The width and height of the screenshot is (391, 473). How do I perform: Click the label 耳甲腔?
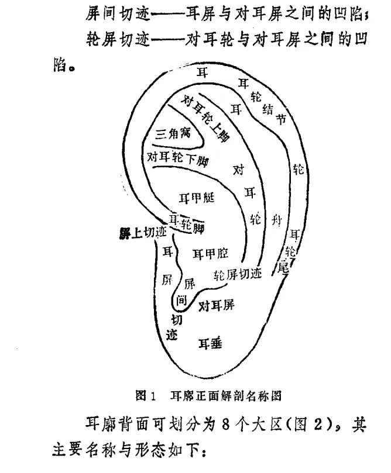click(x=210, y=253)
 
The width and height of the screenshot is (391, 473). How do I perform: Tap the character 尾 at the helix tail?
click(x=284, y=268)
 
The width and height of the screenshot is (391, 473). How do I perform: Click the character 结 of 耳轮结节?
click(x=269, y=109)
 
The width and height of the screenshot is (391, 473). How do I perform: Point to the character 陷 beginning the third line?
click(x=58, y=63)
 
